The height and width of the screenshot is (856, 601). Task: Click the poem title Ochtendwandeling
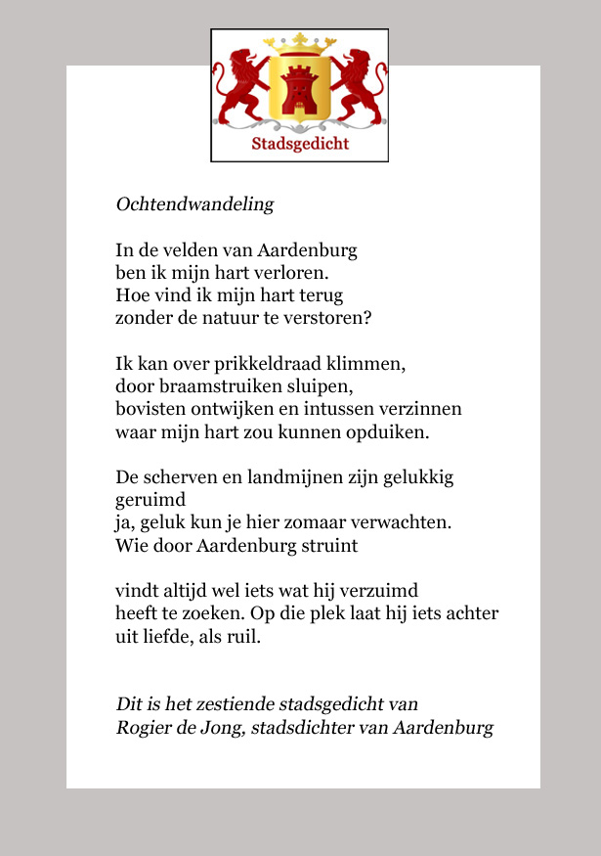pyautogui.click(x=194, y=205)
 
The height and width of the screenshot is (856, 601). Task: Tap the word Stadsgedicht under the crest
pyautogui.click(x=300, y=145)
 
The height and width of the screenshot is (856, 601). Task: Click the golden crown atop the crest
pyautogui.click(x=299, y=43)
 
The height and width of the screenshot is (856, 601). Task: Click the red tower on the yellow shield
pyautogui.click(x=299, y=89)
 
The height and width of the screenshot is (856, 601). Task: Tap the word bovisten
pyautogui.click(x=148, y=409)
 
